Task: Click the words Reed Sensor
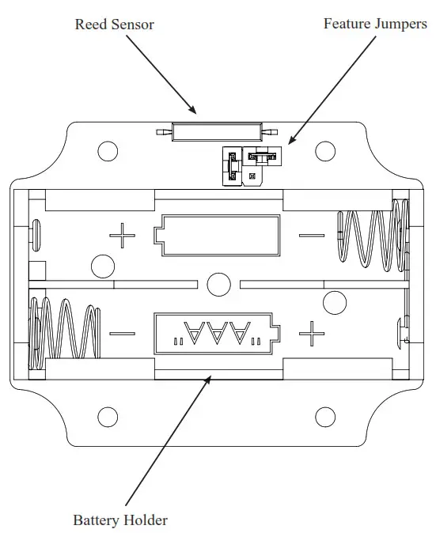(x=114, y=24)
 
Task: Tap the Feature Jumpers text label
(x=374, y=24)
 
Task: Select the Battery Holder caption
(x=120, y=520)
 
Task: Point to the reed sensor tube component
(x=217, y=132)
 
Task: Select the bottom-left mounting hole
(x=107, y=415)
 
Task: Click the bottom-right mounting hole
(x=325, y=415)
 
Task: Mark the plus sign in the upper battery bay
(x=122, y=235)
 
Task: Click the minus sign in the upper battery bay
(x=311, y=235)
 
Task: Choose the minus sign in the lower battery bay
(x=122, y=333)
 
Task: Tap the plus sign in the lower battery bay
(x=312, y=333)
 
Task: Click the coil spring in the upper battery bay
(x=372, y=235)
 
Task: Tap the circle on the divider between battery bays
(x=216, y=283)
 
